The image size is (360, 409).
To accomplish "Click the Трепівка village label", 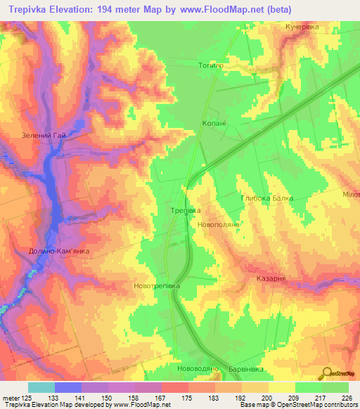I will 186,210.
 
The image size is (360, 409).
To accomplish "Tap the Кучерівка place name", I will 302,27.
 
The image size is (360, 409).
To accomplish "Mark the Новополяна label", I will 220,223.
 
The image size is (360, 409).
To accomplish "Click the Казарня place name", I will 269,279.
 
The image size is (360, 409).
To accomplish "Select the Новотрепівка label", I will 157,287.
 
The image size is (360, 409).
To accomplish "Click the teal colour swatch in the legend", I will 41,387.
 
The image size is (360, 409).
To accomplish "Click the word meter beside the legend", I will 12,397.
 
